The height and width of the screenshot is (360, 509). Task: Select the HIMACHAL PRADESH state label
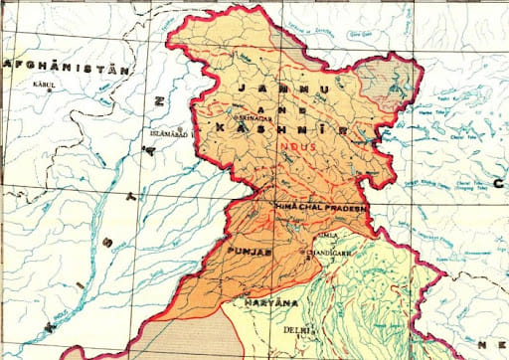320,207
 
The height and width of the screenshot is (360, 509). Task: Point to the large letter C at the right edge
497,184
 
